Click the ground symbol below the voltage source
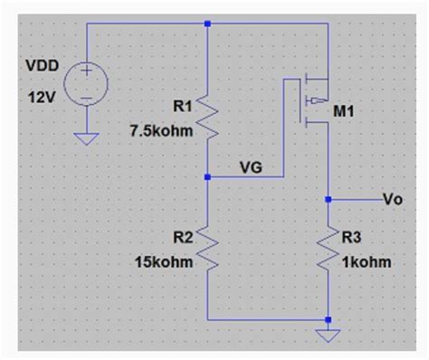[x=88, y=137]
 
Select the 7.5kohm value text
[x=159, y=129]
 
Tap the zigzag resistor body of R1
[x=208, y=118]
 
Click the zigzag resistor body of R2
[x=208, y=248]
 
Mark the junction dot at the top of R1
[x=208, y=24]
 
